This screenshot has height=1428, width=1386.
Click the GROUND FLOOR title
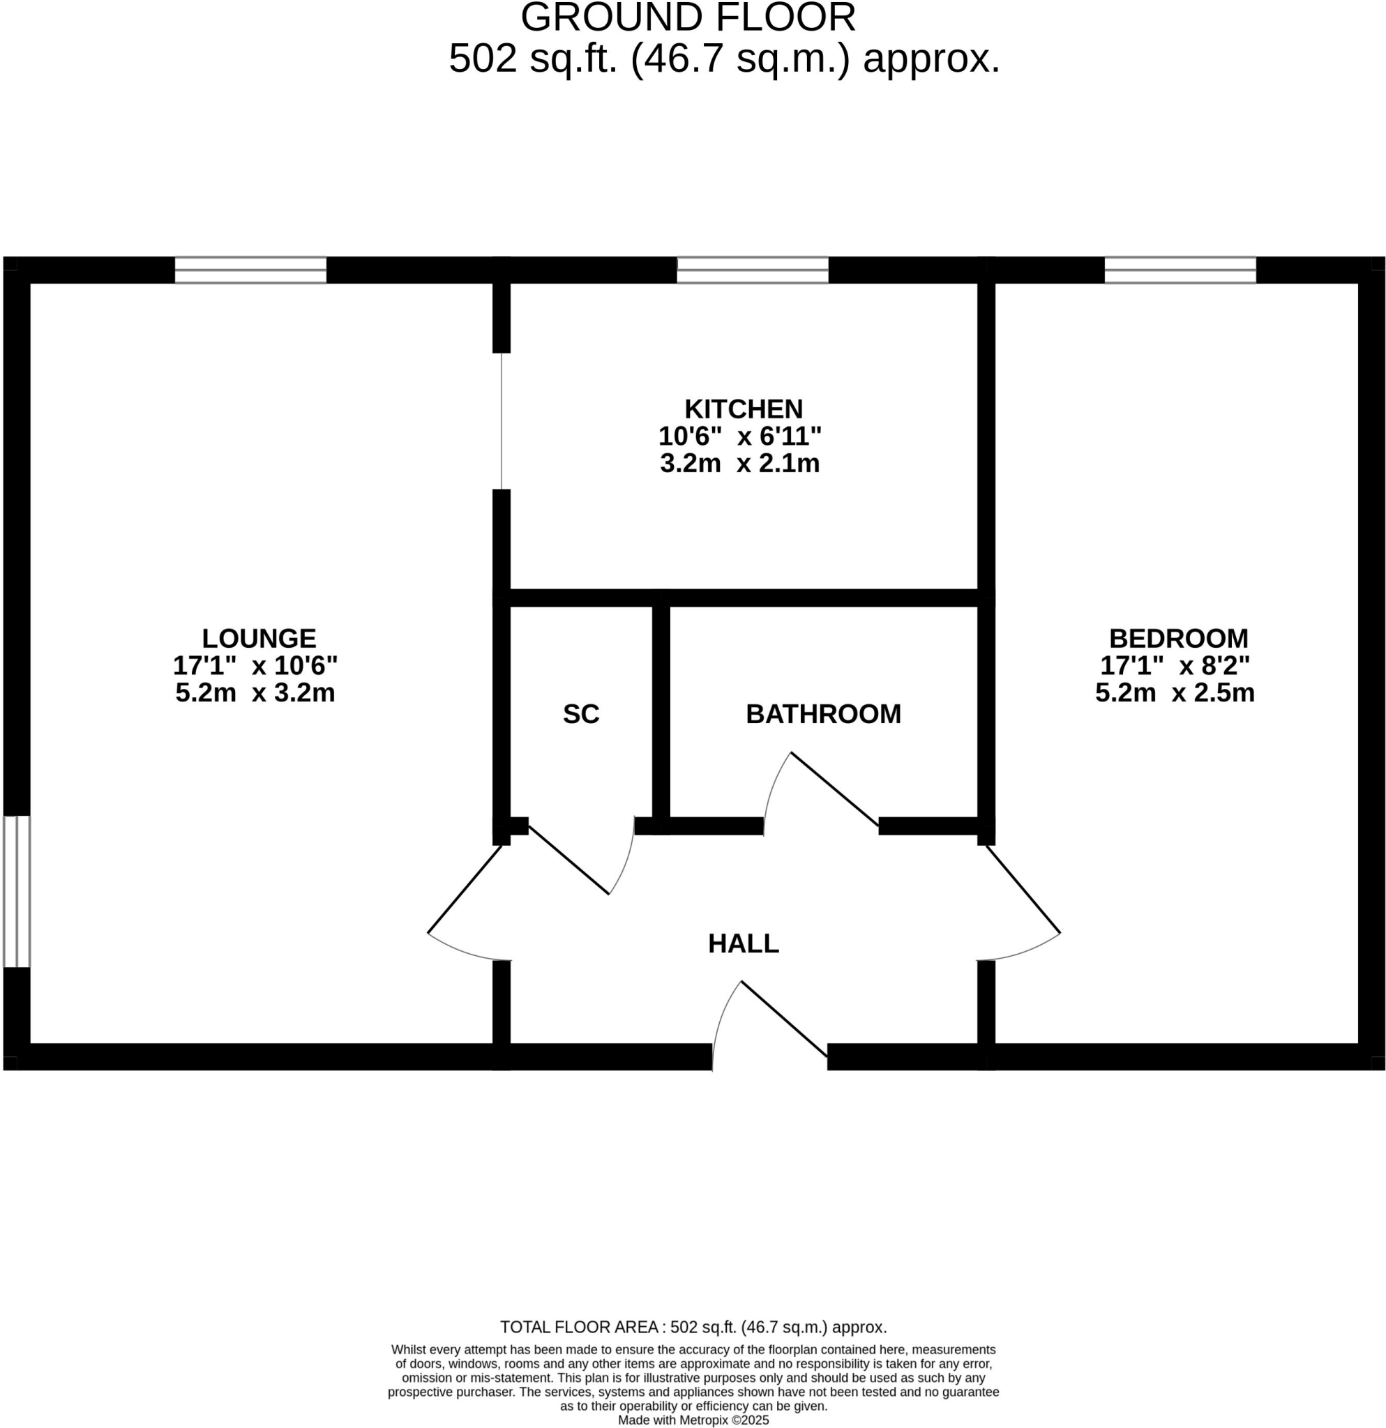click(x=687, y=17)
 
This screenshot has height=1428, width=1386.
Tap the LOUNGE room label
click(x=259, y=638)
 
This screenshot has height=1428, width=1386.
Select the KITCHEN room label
click(x=743, y=409)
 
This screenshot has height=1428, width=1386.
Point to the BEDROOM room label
click(x=1177, y=638)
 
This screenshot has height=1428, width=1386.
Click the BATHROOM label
click(x=822, y=714)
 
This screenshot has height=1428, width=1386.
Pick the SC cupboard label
click(x=581, y=714)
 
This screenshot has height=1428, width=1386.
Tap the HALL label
click(x=743, y=943)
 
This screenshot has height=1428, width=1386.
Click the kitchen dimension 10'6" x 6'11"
click(x=739, y=436)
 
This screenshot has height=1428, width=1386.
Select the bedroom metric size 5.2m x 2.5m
click(x=1174, y=692)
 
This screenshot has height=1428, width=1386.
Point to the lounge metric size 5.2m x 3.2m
click(x=255, y=692)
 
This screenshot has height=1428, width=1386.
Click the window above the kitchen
click(x=752, y=271)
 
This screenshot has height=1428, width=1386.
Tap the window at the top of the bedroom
click(x=1180, y=271)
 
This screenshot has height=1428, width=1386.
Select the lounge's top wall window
click(x=250, y=271)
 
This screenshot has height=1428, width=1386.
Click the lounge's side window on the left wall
click(x=17, y=891)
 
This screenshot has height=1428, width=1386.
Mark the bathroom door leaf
click(x=834, y=789)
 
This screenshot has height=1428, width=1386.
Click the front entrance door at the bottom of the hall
click(x=784, y=1019)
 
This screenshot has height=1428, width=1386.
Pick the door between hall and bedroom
click(x=1023, y=889)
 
